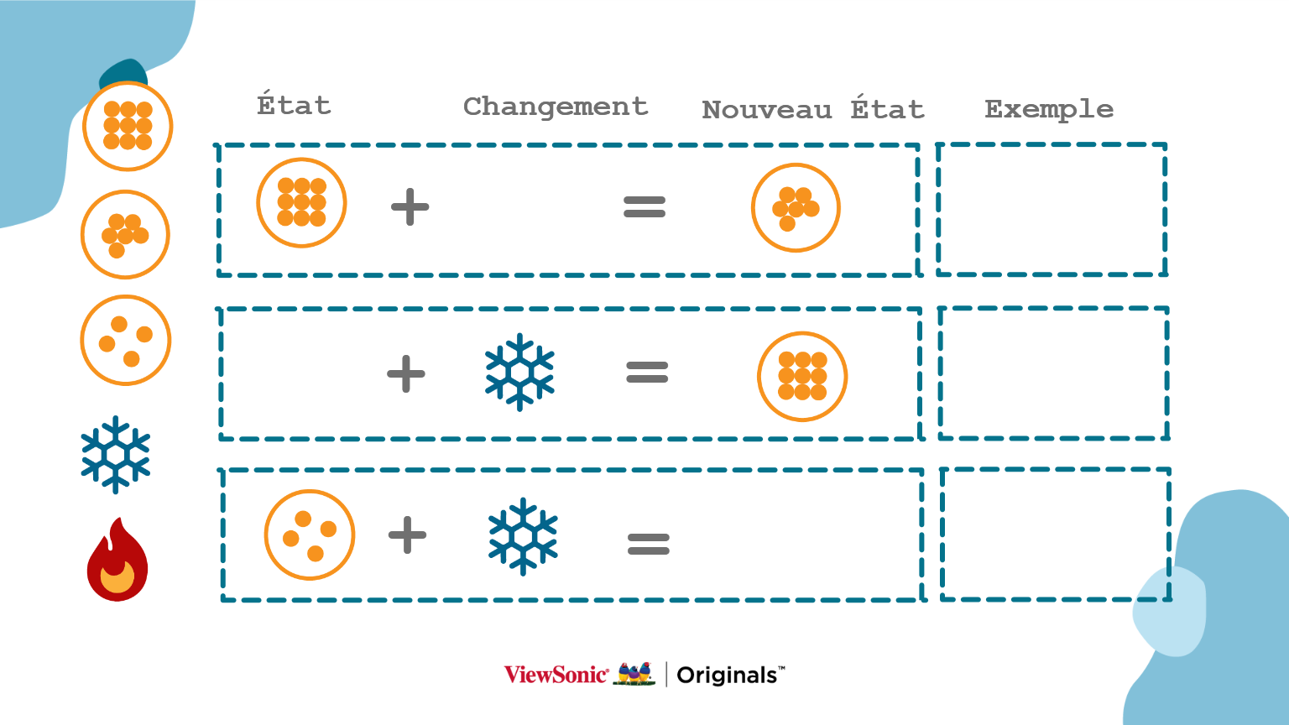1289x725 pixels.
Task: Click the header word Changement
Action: pos(556,107)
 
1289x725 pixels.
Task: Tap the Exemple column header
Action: pos(1049,109)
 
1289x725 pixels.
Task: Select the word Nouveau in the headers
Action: pos(766,110)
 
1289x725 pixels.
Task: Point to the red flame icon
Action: pos(117,560)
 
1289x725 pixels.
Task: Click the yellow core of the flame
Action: pos(117,577)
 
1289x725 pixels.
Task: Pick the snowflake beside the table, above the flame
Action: pos(116,454)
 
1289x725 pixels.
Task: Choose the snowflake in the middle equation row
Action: pos(520,372)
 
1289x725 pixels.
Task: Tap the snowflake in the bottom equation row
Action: pos(524,536)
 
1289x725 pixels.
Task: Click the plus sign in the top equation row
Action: pos(410,206)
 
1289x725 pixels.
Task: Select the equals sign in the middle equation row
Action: pos(647,372)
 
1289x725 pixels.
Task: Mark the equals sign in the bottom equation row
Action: pos(649,545)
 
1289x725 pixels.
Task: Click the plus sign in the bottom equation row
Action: pos(408,535)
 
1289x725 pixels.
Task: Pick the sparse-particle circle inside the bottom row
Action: pos(310,535)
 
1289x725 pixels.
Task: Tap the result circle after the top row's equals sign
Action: pos(796,207)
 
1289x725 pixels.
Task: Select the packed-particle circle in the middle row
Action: pos(802,376)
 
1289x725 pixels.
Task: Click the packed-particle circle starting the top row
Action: pos(301,202)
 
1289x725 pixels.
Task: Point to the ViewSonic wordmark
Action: pos(556,675)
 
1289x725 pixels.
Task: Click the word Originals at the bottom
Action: pos(727,675)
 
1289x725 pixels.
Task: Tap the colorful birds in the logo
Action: pos(634,673)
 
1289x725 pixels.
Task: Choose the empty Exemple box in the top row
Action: pos(1052,209)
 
